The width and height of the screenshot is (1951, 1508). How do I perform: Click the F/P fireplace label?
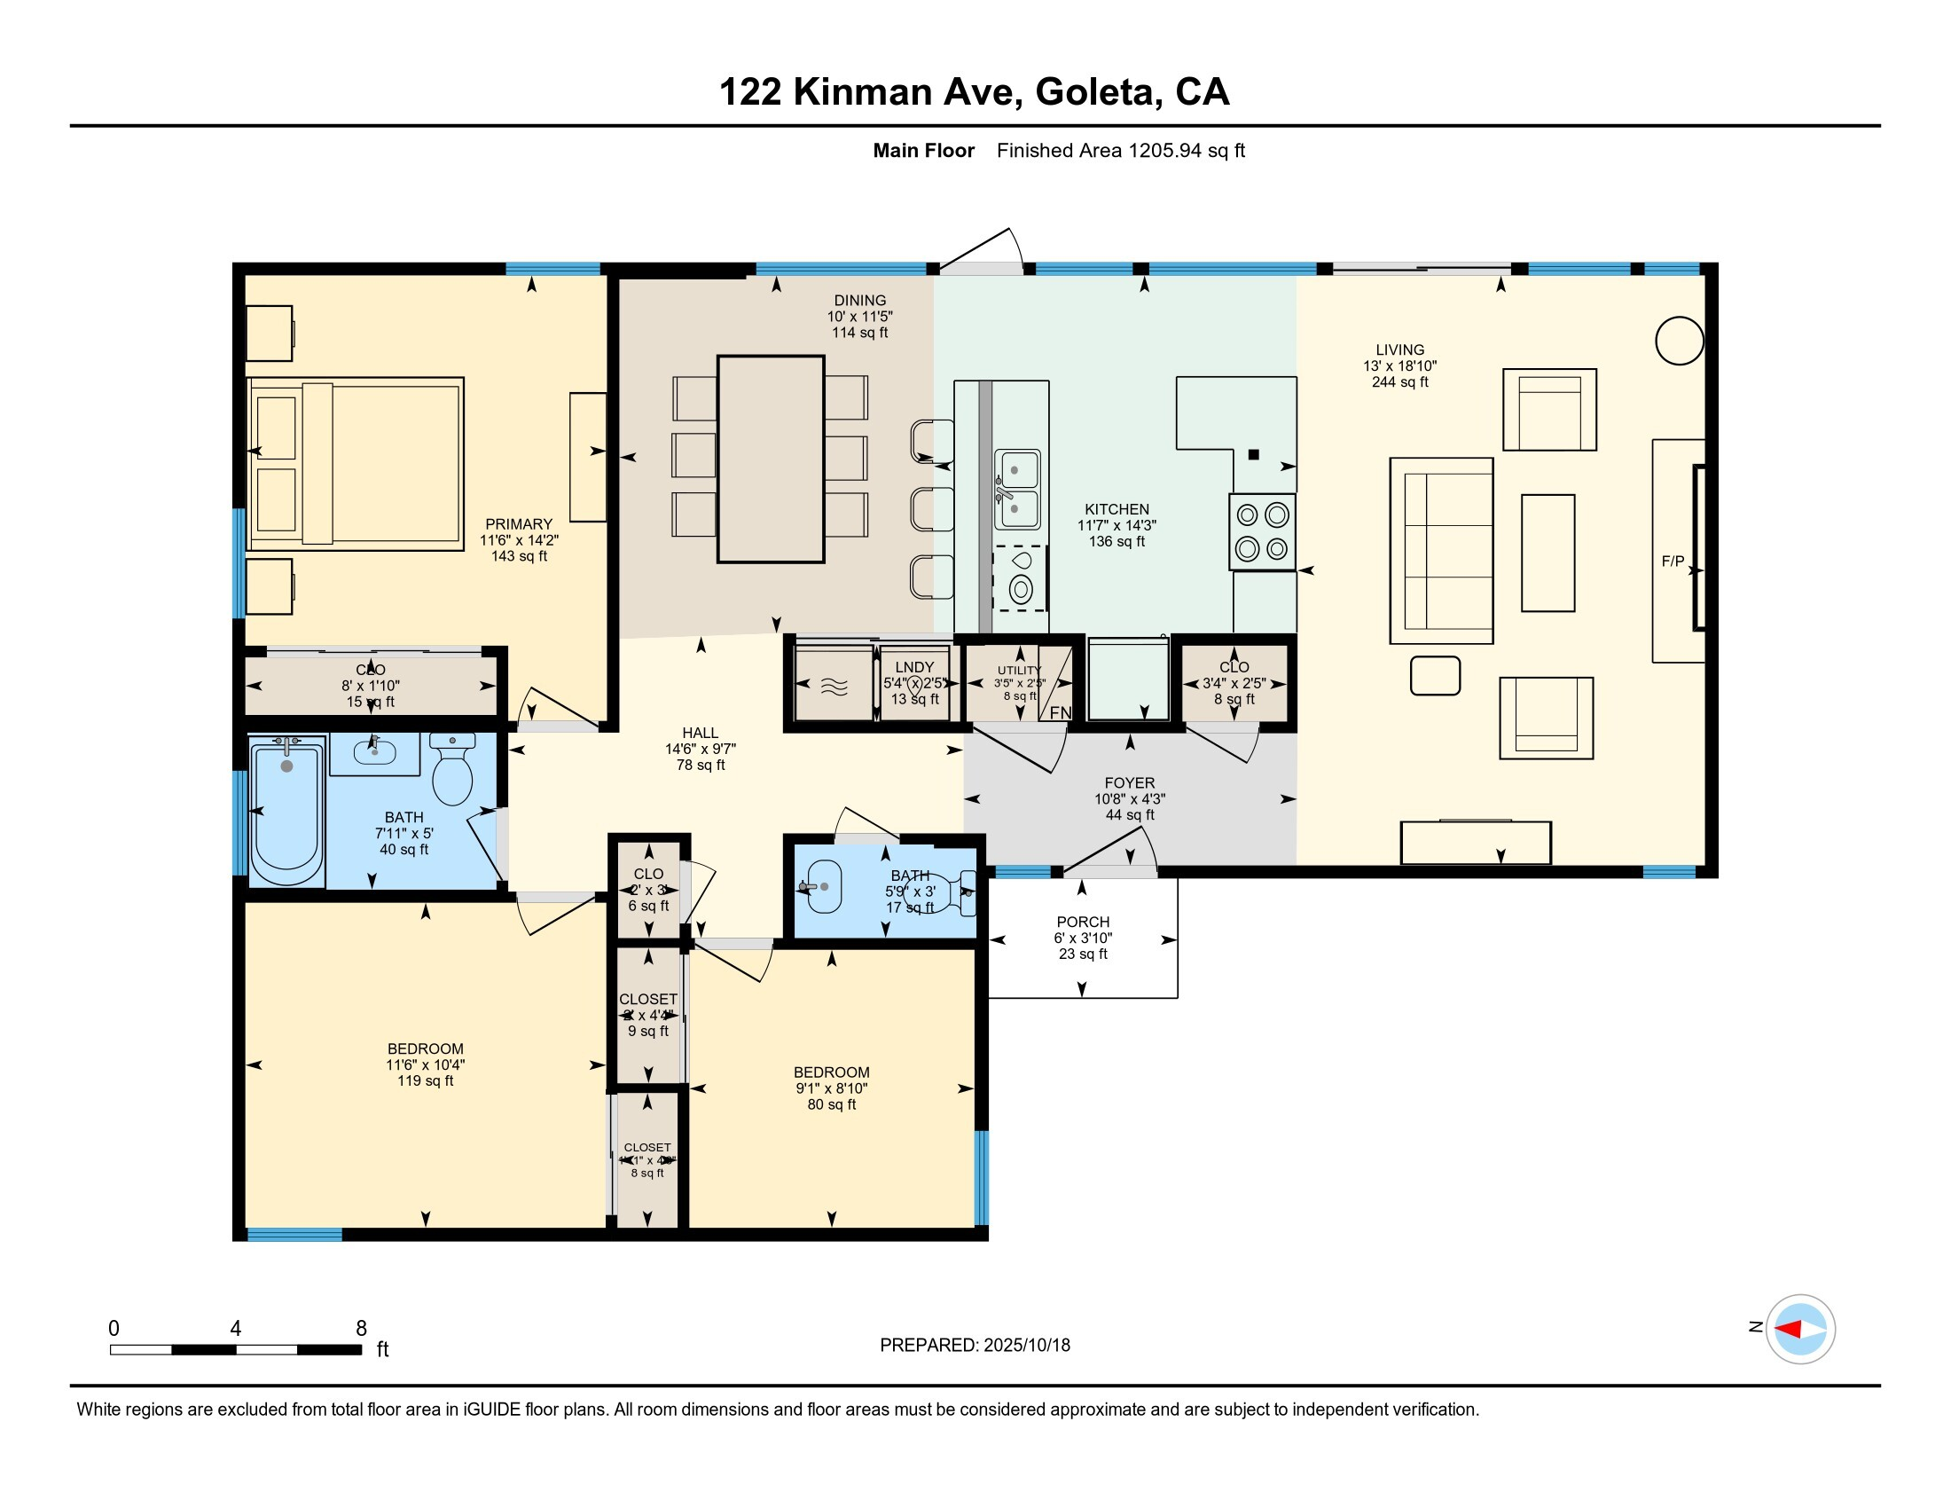click(1673, 561)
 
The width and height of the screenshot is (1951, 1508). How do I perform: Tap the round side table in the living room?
click(1680, 341)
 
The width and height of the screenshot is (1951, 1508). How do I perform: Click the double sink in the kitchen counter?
click(1017, 490)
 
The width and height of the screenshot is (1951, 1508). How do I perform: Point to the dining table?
click(770, 459)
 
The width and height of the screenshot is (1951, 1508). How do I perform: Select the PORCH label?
click(1083, 922)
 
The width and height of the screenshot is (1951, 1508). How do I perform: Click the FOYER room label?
click(1129, 782)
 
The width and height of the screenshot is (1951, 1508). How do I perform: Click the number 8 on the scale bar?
click(361, 1329)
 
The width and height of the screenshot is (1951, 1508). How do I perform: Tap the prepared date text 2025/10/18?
click(1026, 1345)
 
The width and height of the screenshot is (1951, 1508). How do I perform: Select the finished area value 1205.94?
click(1165, 151)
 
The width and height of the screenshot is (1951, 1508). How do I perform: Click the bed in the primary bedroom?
click(356, 463)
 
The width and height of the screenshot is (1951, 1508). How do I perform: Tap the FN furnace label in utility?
click(1060, 712)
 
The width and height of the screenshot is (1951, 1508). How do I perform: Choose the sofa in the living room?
click(1441, 550)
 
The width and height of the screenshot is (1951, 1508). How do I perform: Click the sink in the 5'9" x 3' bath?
click(824, 886)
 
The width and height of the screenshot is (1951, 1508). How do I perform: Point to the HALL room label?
click(701, 733)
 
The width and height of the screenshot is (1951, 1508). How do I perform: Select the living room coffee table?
click(1547, 553)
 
